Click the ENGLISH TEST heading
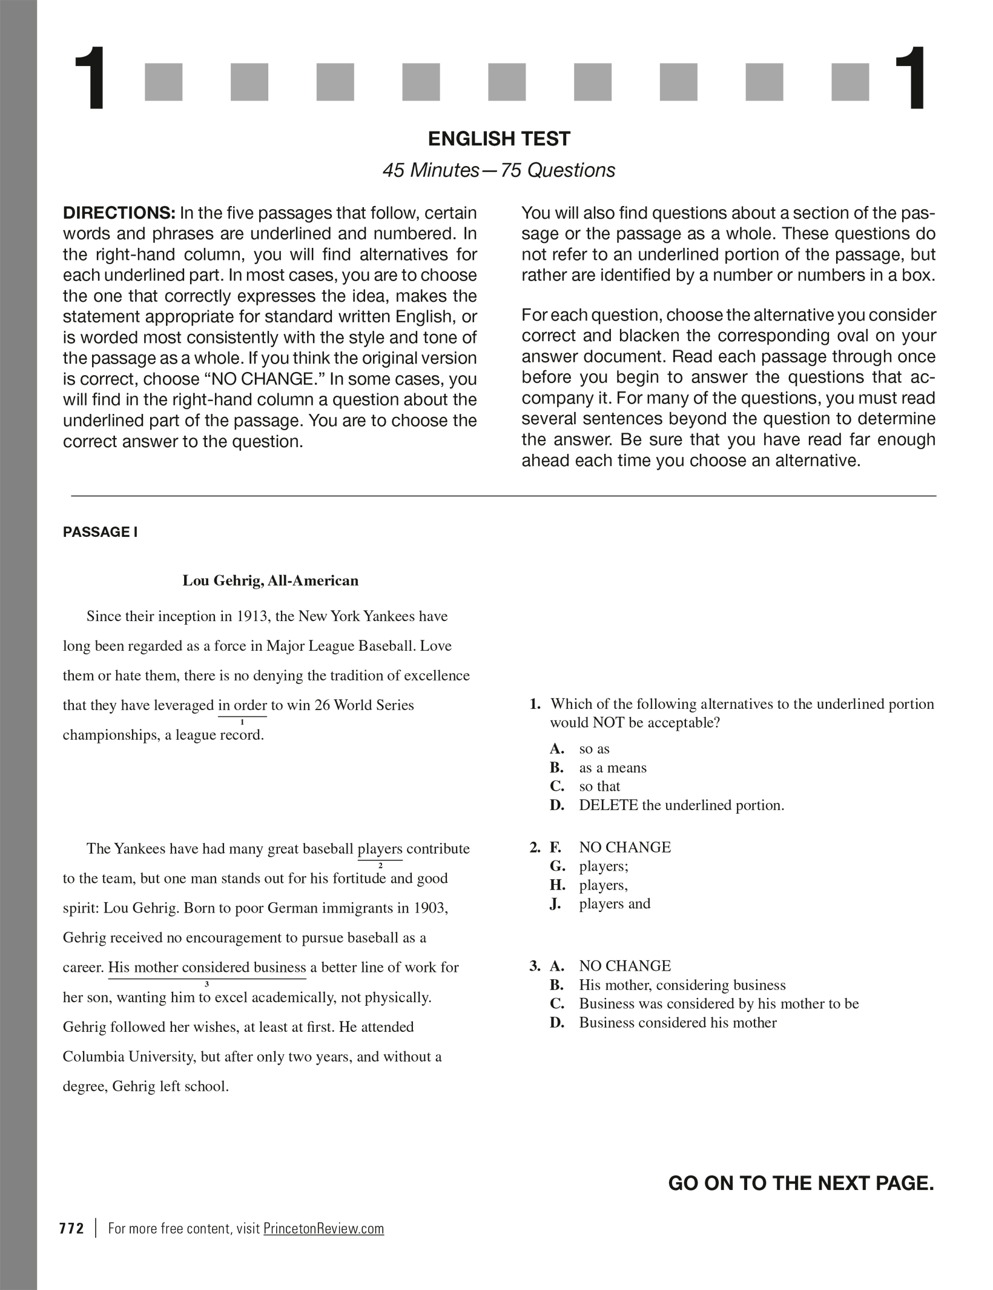click(x=499, y=139)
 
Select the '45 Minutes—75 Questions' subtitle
click(x=498, y=170)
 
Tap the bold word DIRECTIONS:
click(x=119, y=213)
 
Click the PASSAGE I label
click(x=101, y=532)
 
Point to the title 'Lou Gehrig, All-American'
click(x=271, y=581)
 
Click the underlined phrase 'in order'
click(x=242, y=705)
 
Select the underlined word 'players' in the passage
click(x=380, y=849)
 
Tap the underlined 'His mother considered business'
click(x=207, y=968)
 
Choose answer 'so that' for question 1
click(x=599, y=786)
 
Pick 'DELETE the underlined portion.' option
click(x=681, y=805)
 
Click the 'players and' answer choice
click(x=615, y=904)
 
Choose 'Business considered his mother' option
click(x=678, y=1023)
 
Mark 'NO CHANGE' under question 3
click(x=625, y=966)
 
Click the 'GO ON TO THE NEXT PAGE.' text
click(x=801, y=1183)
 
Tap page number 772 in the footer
click(x=72, y=1229)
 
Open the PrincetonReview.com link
click(x=323, y=1229)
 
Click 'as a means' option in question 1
click(x=613, y=768)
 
